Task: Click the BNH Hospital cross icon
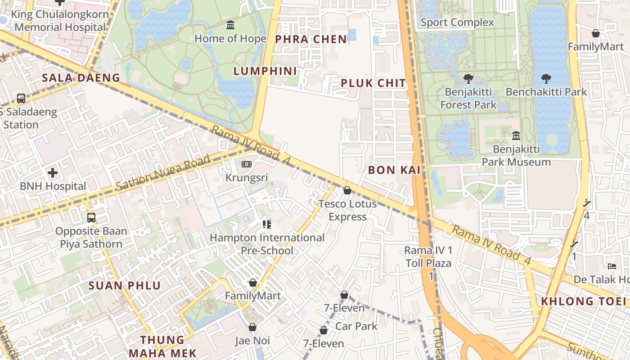point(53,172)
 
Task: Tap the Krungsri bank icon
point(246,164)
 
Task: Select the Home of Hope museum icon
point(230,25)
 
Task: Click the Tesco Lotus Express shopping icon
point(347,190)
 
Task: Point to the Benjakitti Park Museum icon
point(516,135)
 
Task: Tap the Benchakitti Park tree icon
point(546,79)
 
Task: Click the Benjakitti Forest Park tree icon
point(468,79)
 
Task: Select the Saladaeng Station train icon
point(21,98)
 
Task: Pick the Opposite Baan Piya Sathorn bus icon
point(91,218)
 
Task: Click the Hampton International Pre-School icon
point(267,224)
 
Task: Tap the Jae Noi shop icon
point(252,327)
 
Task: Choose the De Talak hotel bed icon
point(612,266)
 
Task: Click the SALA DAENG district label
point(81,78)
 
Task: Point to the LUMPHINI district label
point(265,71)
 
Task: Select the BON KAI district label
point(394,170)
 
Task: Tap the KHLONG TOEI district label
point(584,301)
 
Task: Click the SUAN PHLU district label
point(125,285)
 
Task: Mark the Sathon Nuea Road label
point(163,172)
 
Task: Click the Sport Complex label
point(457,22)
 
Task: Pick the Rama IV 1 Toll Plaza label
point(428,256)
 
